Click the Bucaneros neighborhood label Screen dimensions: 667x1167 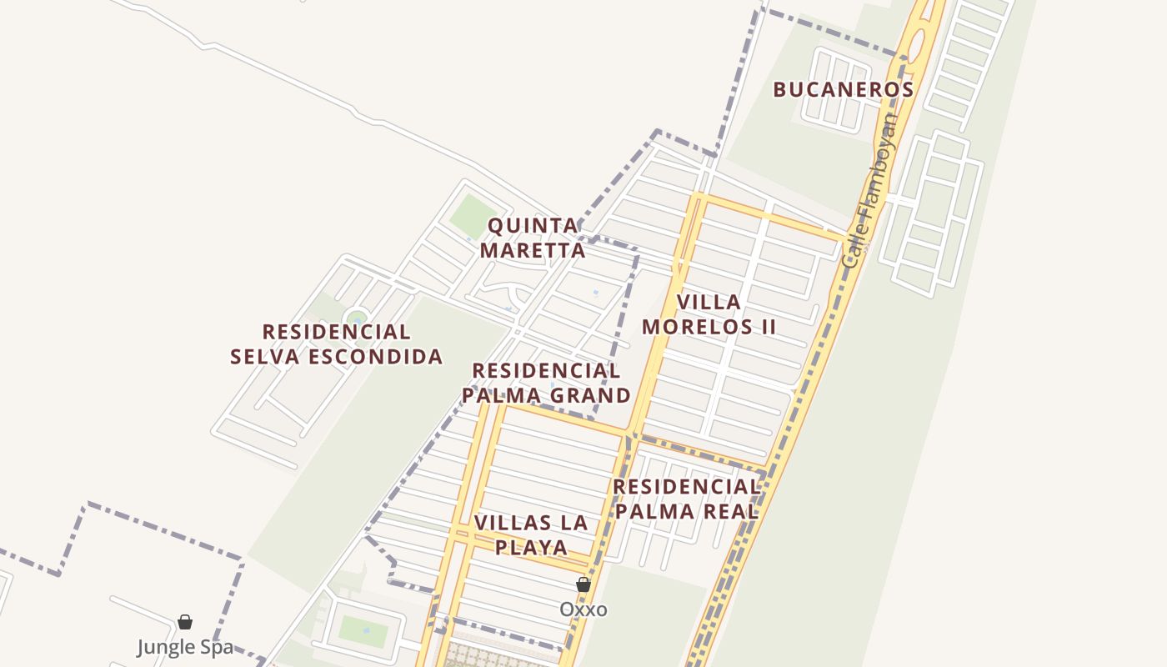843,89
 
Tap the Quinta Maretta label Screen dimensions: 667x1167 533,238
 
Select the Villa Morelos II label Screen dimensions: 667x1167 709,314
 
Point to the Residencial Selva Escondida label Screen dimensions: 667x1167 336,344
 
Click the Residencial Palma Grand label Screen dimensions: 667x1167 546,383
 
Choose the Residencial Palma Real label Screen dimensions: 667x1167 686,499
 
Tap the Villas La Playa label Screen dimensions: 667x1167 531,535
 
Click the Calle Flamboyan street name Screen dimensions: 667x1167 871,191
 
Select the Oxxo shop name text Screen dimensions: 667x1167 583,609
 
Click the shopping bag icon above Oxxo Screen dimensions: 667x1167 583,585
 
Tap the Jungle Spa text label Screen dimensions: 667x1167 185,647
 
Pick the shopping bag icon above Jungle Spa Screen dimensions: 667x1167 185,622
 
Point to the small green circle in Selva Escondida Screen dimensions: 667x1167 357,318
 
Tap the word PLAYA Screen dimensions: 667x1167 531,548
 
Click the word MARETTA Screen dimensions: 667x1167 533,250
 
